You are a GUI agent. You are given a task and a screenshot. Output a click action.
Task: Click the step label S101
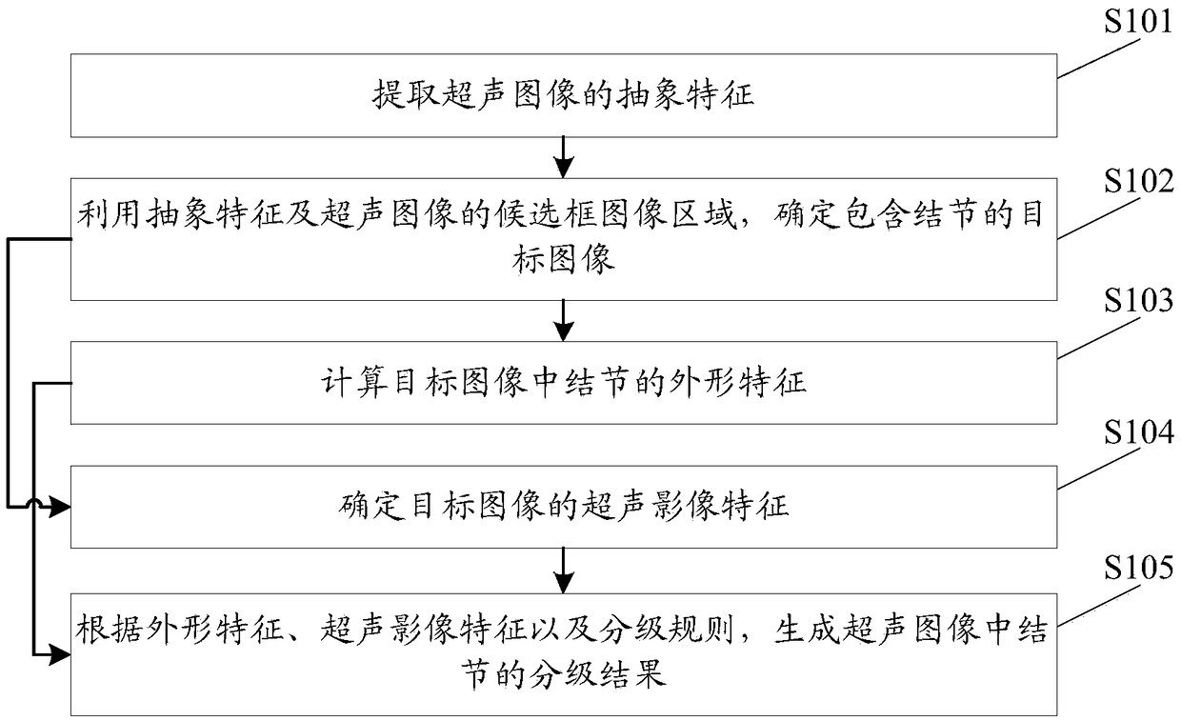coord(1139,21)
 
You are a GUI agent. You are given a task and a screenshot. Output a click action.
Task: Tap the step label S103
coord(1139,302)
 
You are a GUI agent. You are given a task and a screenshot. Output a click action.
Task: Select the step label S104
coord(1139,433)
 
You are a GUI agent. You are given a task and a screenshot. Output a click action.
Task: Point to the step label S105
coord(1139,569)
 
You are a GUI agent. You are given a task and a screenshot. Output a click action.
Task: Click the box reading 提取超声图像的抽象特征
coord(564,95)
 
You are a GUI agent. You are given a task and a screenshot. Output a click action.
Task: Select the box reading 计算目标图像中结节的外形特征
coord(564,383)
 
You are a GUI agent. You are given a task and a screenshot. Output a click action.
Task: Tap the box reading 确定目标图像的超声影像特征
coord(564,506)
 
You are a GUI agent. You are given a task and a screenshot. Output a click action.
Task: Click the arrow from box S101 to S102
coord(564,156)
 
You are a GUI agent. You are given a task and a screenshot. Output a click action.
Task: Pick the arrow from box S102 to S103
coord(564,320)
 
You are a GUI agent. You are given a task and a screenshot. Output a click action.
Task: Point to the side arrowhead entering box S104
coord(59,508)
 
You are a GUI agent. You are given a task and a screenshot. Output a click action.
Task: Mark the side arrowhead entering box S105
coord(59,655)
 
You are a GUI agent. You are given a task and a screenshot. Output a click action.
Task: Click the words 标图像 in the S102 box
coord(564,260)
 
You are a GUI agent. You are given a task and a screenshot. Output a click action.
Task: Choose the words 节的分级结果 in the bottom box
coord(564,674)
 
